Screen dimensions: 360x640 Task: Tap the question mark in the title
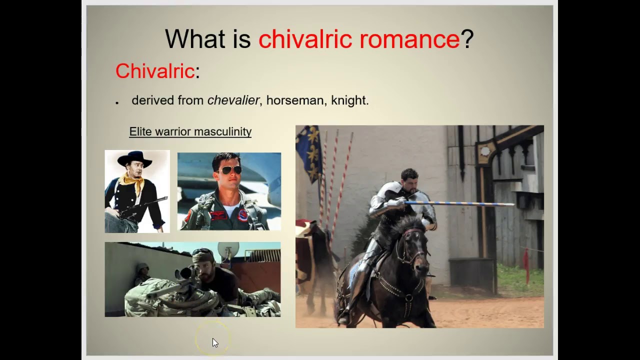pyautogui.click(x=467, y=39)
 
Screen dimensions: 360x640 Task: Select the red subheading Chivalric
pyautogui.click(x=154, y=71)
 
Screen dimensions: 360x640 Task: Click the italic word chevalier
pyautogui.click(x=233, y=100)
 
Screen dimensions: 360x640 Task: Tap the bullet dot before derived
pyautogui.click(x=117, y=102)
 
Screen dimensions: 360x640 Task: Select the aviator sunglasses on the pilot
pyautogui.click(x=229, y=170)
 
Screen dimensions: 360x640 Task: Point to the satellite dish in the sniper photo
pyautogui.click(x=228, y=250)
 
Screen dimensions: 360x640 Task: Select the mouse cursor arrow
pyautogui.click(x=215, y=342)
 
